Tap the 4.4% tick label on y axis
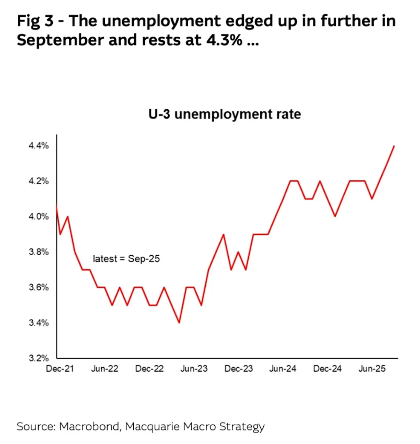(x=39, y=146)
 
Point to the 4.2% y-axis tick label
(x=39, y=181)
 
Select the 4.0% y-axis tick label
(x=39, y=217)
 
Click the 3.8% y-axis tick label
(x=39, y=252)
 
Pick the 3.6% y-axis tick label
(x=39, y=288)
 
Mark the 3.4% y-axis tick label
(x=39, y=323)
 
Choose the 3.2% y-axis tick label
(x=39, y=358)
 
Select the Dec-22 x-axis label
(x=149, y=369)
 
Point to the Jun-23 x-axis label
(x=194, y=369)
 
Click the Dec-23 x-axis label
(x=239, y=369)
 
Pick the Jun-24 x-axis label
(x=283, y=369)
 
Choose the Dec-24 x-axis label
(x=328, y=369)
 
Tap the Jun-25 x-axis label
(x=372, y=369)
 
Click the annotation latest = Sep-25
(x=126, y=258)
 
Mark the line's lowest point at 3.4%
(x=179, y=323)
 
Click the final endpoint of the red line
(x=394, y=146)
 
